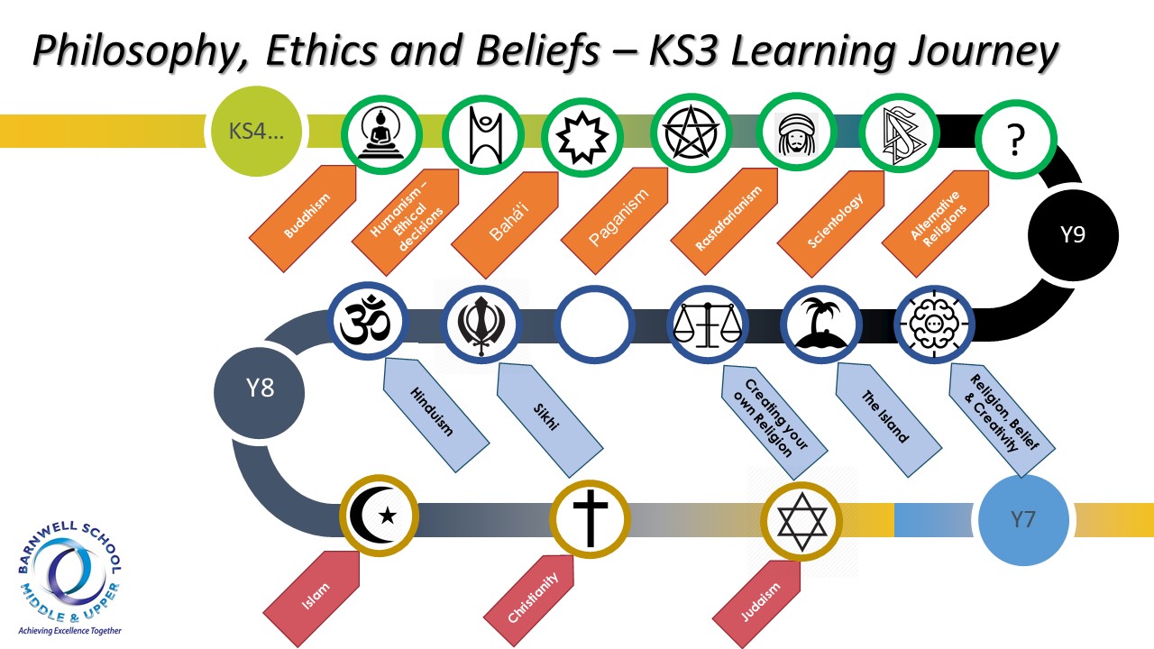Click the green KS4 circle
pos(256,132)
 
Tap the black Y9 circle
pos(1073,235)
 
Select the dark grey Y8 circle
pos(259,393)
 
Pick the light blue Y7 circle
pos(1023,520)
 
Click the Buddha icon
pos(381,134)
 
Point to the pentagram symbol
pos(691,133)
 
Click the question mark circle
pos(1015,139)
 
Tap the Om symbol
pos(367,321)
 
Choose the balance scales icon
pos(708,324)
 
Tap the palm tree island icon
pos(820,324)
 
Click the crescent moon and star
pos(379,515)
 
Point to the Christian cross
pos(591,517)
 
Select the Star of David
pos(801,522)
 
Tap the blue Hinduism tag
pos(435,415)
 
